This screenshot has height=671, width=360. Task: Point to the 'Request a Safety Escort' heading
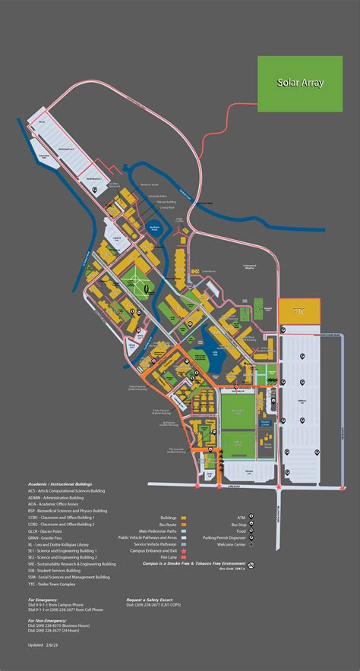tap(152, 600)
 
